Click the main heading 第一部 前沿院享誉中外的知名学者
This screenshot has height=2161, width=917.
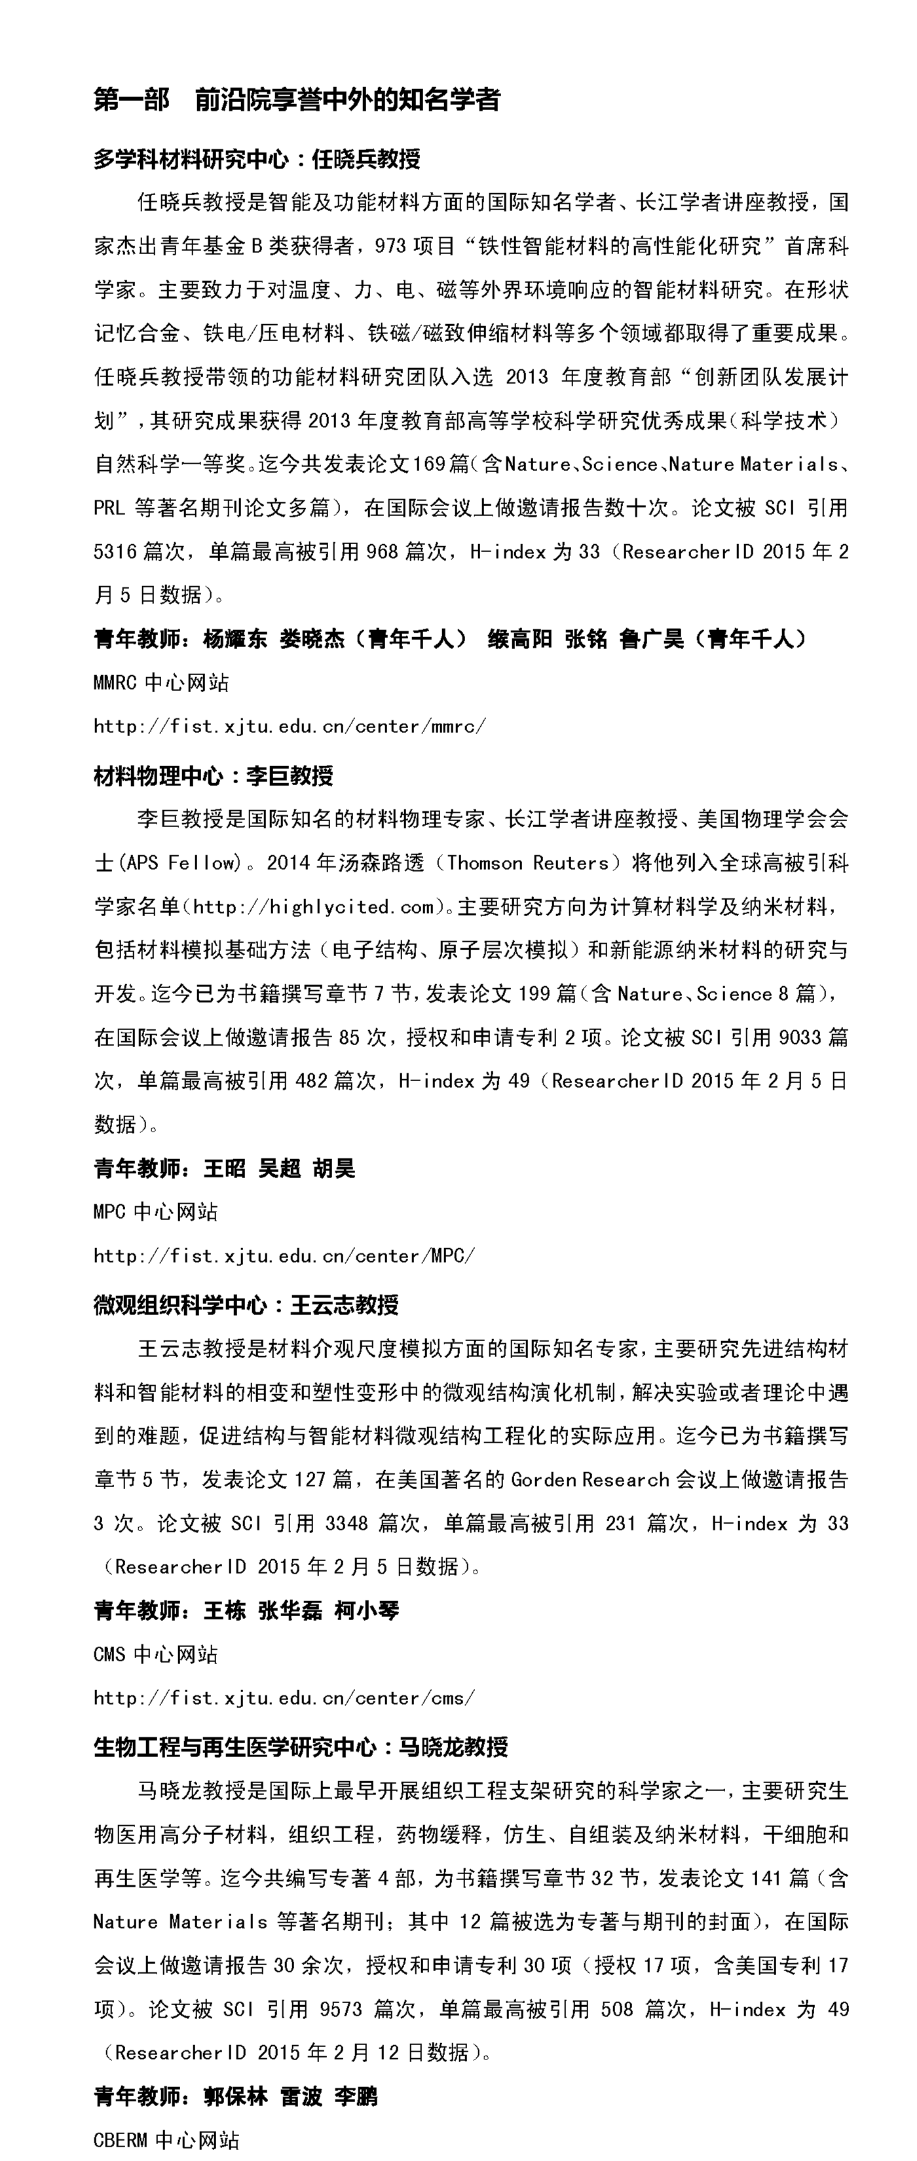tap(297, 100)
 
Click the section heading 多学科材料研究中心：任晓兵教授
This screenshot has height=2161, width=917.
tap(257, 158)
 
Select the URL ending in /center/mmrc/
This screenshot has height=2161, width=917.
tap(290, 726)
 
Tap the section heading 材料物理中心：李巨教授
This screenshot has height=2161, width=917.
tap(213, 776)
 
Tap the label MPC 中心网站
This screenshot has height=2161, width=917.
tap(156, 1212)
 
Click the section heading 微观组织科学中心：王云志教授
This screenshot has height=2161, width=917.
tap(246, 1305)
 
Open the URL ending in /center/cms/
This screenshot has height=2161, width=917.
tap(284, 1698)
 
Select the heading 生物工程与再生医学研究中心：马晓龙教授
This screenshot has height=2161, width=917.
tap(301, 1747)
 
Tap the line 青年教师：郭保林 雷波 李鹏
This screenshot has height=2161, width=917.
tap(235, 2096)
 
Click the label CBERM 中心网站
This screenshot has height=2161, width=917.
tap(167, 2140)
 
